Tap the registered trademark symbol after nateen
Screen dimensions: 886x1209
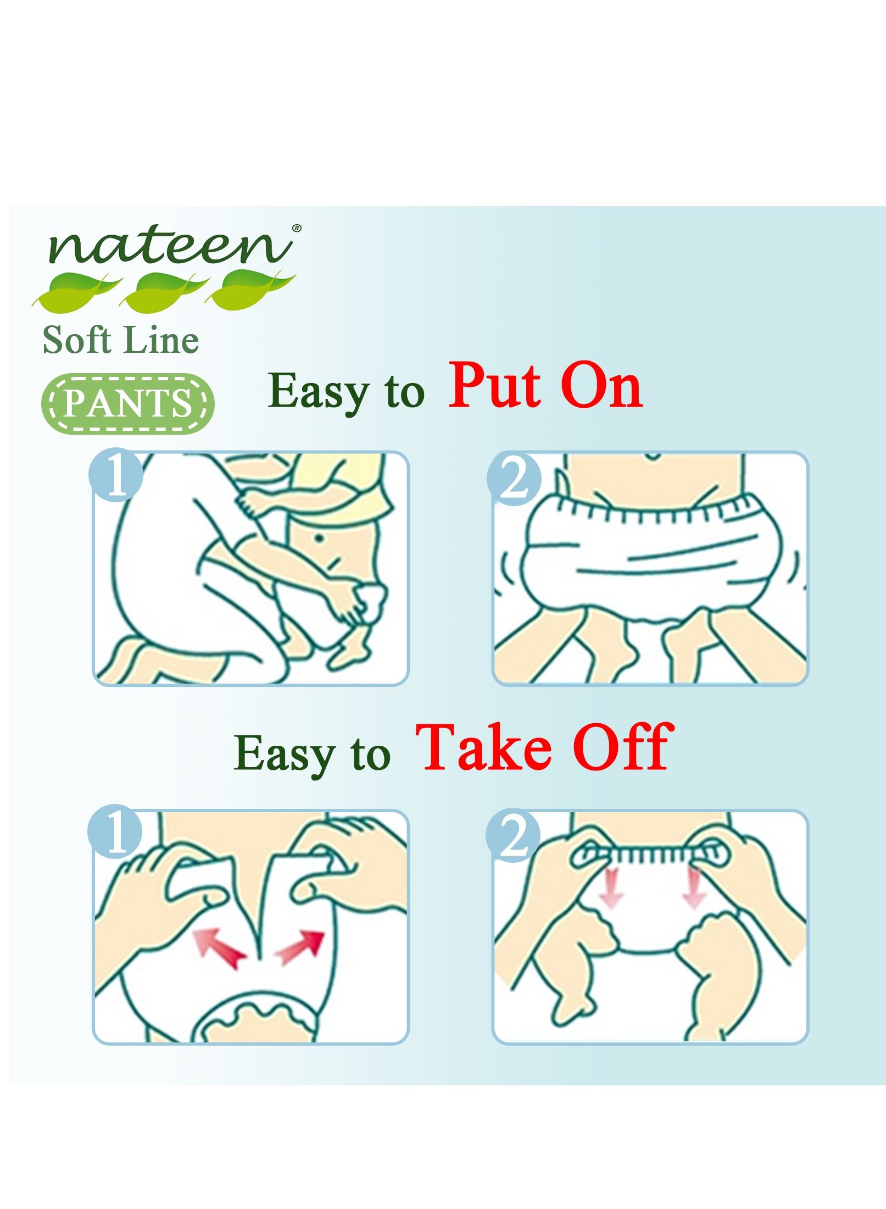pyautogui.click(x=297, y=228)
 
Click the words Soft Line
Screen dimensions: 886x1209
pyautogui.click(x=121, y=340)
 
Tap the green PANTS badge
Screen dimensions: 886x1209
pyautogui.click(x=129, y=403)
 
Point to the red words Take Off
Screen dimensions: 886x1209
pyautogui.click(x=543, y=747)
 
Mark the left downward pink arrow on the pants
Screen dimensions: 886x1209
pyautogui.click(x=611, y=894)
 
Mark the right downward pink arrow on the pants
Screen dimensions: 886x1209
pyautogui.click(x=694, y=894)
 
